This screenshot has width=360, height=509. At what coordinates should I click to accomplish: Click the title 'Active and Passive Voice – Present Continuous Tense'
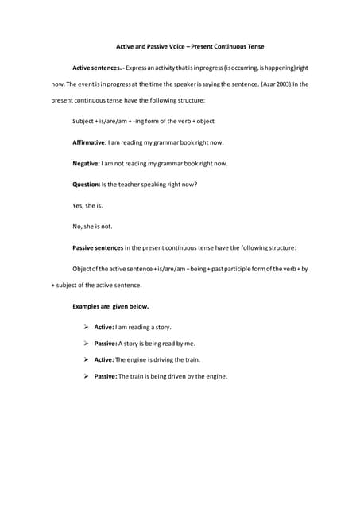coord(179,47)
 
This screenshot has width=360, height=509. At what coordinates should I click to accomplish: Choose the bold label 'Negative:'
coord(86,163)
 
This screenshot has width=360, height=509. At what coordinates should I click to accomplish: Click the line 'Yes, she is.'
coord(87,205)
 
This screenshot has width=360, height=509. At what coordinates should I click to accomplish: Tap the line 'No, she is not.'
coord(92,226)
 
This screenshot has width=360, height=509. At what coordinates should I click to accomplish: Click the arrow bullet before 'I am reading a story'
coord(85,327)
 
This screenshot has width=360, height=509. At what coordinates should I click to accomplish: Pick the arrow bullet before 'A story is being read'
coord(85,344)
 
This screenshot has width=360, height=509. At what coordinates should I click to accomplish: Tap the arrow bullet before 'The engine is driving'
coord(85,359)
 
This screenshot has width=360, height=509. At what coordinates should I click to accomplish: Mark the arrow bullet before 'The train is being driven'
coord(85,376)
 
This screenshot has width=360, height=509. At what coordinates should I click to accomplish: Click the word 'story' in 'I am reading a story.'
coord(162,327)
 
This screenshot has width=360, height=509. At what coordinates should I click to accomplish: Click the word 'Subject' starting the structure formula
coord(83,121)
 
